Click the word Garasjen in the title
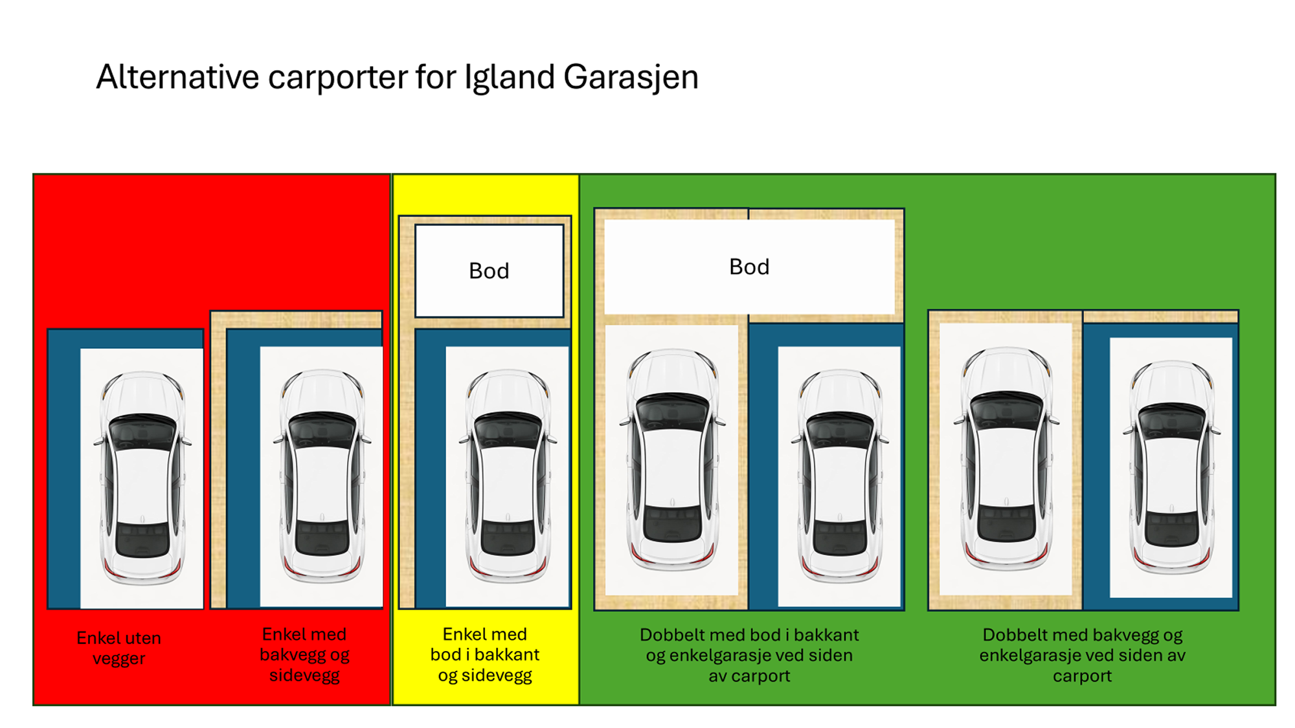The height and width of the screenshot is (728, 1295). click(x=631, y=78)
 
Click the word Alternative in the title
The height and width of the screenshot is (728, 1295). click(x=177, y=76)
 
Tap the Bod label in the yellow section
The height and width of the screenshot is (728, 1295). click(x=489, y=270)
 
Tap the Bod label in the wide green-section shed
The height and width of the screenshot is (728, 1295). click(x=749, y=267)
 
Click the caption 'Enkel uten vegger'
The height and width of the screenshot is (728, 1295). click(x=118, y=648)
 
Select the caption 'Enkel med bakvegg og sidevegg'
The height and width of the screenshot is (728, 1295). click(x=304, y=654)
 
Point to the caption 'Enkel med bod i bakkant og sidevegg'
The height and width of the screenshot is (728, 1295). click(x=485, y=654)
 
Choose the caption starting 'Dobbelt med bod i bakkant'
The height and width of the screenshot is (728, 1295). click(x=749, y=655)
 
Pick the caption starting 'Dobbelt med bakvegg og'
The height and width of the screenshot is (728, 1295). click(x=1082, y=655)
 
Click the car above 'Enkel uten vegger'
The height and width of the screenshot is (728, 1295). click(x=142, y=478)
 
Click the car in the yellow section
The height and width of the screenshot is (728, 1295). click(x=508, y=476)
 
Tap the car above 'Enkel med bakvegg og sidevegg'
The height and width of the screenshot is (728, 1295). click(x=322, y=476)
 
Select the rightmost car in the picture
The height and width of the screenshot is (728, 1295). click(x=1171, y=467)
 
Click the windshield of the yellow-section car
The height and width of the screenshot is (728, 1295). click(x=508, y=430)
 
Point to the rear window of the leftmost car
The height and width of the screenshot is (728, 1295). click(x=142, y=539)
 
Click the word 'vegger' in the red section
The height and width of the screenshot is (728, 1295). click(x=118, y=659)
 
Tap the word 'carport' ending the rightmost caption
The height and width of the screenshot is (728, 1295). click(x=1082, y=676)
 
